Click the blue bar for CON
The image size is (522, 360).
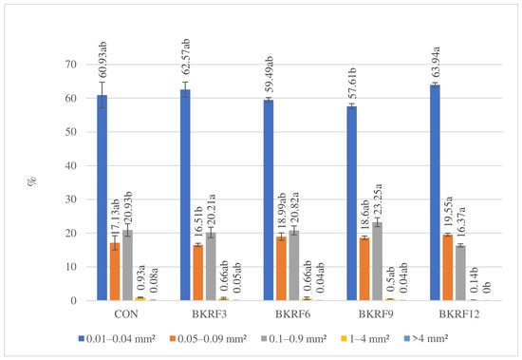[103, 198]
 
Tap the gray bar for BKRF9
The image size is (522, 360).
[377, 261]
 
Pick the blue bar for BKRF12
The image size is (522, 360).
[435, 193]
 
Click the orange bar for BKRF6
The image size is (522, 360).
[281, 268]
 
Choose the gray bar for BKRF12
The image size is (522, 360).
[460, 273]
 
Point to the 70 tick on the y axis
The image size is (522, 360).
[69, 65]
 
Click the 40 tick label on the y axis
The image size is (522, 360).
[69, 165]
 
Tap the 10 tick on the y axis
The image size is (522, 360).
[69, 267]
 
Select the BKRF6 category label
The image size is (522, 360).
[292, 314]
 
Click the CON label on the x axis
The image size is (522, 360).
[126, 314]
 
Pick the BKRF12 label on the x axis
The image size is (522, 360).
[459, 314]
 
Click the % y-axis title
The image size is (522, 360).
[32, 181]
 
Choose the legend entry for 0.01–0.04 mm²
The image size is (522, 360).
[117, 339]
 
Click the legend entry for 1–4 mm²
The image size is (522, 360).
[365, 339]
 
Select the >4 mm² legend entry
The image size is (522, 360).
[426, 339]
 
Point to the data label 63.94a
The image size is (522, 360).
[436, 63]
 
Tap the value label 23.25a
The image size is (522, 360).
[378, 200]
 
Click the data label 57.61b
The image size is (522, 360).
[352, 84]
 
